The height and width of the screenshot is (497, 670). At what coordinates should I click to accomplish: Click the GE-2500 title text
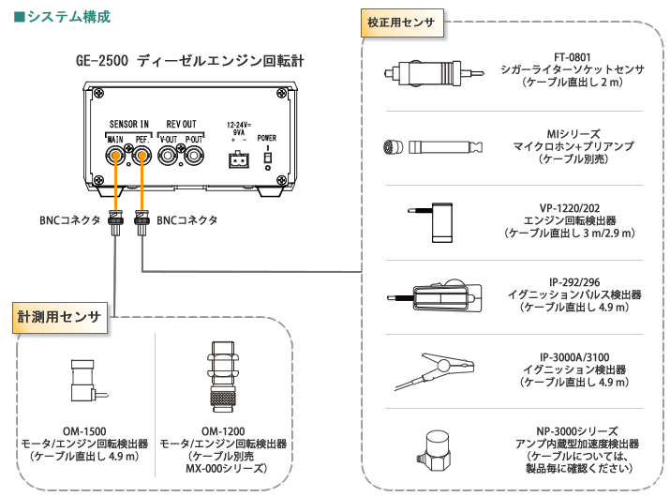pyautogui.click(x=190, y=61)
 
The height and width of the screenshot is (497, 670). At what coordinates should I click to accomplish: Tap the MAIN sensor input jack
pyautogui.click(x=117, y=159)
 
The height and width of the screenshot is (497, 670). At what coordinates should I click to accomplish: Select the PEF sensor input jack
pyautogui.click(x=141, y=159)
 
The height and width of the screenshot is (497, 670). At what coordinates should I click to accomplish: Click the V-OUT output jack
pyautogui.click(x=170, y=159)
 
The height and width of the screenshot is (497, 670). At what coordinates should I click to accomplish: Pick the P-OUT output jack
pyautogui.click(x=194, y=159)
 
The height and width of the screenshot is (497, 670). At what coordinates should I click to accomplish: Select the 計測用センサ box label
pyautogui.click(x=58, y=317)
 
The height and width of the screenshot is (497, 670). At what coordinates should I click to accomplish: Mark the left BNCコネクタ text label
pyautogui.click(x=67, y=219)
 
